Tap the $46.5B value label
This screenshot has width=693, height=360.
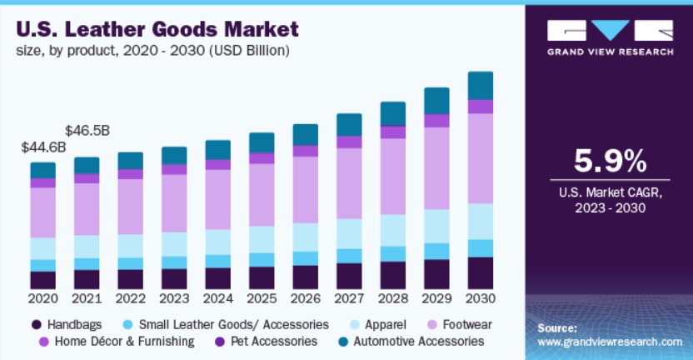click(87, 131)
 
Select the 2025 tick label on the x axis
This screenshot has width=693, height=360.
click(262, 298)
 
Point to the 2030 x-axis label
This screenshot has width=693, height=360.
click(481, 298)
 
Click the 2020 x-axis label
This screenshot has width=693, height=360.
click(42, 298)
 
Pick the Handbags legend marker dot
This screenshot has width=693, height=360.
click(37, 323)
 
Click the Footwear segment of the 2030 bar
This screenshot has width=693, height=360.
click(481, 158)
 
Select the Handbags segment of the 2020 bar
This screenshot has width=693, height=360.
click(42, 280)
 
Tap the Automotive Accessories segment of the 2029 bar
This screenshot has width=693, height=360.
click(436, 101)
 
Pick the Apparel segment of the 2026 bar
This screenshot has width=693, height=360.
click(305, 237)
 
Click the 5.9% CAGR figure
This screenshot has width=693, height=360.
click(610, 161)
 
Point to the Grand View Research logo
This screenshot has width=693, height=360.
click(610, 37)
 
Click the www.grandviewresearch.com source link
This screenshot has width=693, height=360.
click(610, 342)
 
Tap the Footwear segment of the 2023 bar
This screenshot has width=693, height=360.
click(174, 203)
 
